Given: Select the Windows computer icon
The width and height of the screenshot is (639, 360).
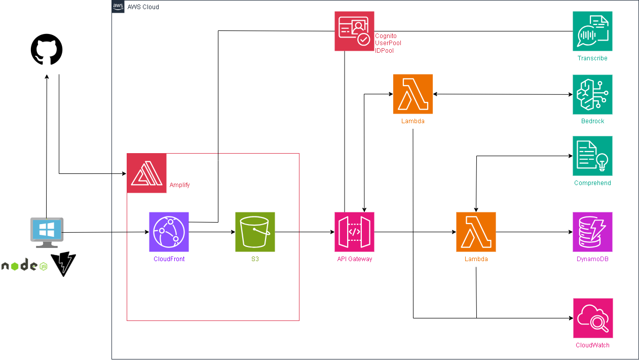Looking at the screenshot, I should pos(47,232).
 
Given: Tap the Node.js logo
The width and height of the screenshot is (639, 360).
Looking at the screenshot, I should pos(24,266).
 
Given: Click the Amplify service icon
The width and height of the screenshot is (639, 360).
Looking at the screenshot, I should pos(146,173).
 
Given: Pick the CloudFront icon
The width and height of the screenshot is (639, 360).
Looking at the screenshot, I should pos(169,232).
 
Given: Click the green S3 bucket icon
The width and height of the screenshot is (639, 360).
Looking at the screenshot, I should pos(255,232).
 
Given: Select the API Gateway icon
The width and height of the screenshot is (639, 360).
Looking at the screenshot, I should pos(354,232).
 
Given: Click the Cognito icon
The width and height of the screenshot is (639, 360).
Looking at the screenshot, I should pos(354,31).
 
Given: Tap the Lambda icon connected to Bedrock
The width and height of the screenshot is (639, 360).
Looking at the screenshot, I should pos(413,94).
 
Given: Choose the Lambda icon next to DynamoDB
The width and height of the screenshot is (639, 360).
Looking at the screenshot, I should pos(476,232).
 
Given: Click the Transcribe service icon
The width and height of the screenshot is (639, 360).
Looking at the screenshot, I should pos(592,31).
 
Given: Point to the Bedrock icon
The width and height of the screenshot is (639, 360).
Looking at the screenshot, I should pos(592,94).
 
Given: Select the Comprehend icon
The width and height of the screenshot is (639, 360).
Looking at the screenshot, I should pos(592,156).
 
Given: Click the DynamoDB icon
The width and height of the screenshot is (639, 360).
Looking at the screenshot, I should pos(592,232).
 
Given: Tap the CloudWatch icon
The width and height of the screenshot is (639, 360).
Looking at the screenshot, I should pos(593,318).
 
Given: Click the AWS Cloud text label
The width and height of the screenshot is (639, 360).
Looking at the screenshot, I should pos(143,7).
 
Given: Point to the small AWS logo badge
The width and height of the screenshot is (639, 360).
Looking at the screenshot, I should pos(118,7).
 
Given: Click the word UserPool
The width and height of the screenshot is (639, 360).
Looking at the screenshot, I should pos(388,44).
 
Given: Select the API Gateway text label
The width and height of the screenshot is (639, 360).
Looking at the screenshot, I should pos(355,259).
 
